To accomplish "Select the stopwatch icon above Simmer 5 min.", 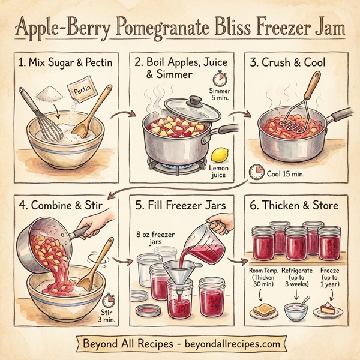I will [x=220, y=79].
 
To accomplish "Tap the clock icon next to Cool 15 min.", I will [x=257, y=172].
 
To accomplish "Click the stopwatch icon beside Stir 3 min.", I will [x=108, y=299].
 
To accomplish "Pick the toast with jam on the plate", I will [x=262, y=311].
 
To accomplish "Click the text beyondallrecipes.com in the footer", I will [x=230, y=344].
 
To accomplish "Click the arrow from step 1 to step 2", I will [x=124, y=114].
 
